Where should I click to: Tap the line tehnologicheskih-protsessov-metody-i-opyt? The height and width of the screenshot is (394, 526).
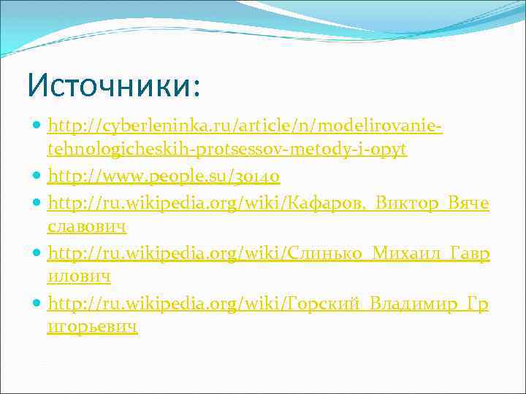coord(226,150)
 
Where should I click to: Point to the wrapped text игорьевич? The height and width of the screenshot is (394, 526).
coord(92,328)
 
